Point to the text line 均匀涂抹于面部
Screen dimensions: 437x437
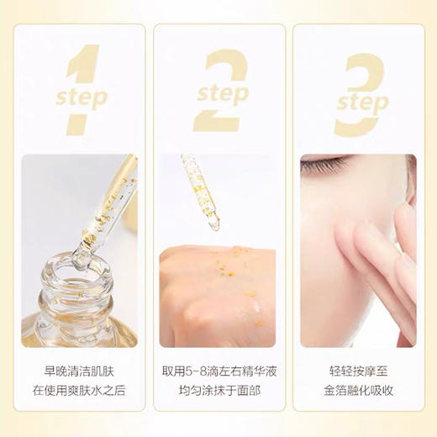tap(218, 390)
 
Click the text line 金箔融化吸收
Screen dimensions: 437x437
tap(357, 390)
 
